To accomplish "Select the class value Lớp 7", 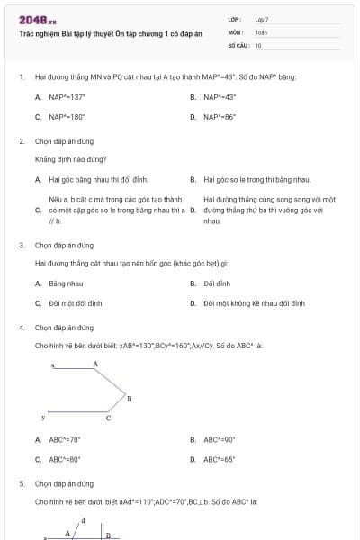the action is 262,19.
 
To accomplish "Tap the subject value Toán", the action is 261,31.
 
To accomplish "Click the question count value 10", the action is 258,44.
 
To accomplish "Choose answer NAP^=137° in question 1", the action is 60,96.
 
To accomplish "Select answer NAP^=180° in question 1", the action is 60,117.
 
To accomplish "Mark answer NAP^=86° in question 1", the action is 219,117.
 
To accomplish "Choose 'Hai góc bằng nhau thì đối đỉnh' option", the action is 91,179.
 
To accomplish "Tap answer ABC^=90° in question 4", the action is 219,439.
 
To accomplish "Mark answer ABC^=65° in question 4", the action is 219,459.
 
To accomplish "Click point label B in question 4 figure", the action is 130,398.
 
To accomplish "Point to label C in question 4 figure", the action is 109,418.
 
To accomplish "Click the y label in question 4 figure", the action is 43,418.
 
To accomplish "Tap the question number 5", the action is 21,483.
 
